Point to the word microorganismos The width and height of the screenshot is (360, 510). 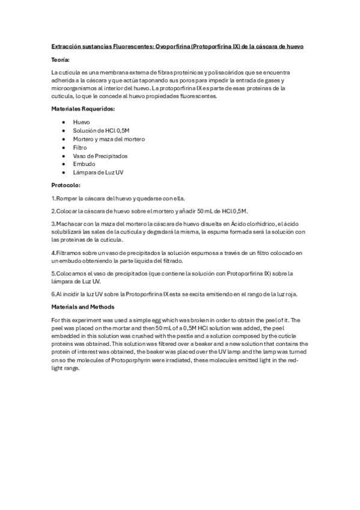[x=72, y=88]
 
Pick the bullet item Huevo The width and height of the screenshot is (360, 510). [x=81, y=122]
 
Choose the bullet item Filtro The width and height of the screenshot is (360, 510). [x=80, y=147]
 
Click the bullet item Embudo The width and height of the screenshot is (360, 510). [x=84, y=164]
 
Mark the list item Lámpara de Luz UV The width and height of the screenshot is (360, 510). [x=98, y=173]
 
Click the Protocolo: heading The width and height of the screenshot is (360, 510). [x=66, y=185]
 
